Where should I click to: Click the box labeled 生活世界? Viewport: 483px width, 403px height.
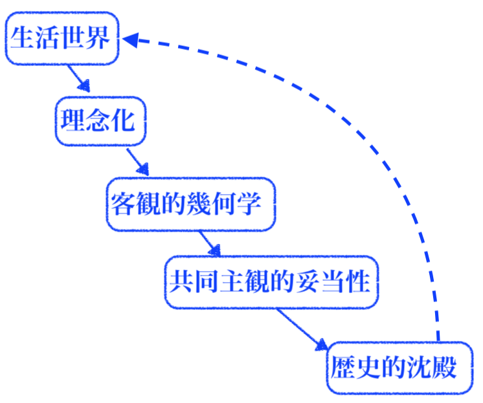(x=62, y=38)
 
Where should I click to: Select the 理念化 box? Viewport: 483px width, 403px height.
(x=100, y=121)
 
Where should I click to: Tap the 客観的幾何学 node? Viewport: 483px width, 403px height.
(x=190, y=204)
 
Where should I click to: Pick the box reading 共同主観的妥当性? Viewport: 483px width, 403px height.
(x=271, y=282)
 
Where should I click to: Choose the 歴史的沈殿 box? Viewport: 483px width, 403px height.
(x=399, y=367)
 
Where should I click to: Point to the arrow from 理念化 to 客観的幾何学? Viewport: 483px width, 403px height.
(x=137, y=162)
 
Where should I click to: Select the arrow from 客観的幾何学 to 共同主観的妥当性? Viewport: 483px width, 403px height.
(x=210, y=243)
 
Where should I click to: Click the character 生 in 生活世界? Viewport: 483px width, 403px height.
(x=22, y=39)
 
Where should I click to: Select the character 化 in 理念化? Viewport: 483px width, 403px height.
(x=124, y=121)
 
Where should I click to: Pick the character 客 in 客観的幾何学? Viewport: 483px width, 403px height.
(x=122, y=204)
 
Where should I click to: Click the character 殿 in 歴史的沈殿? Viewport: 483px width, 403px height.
(x=445, y=368)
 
